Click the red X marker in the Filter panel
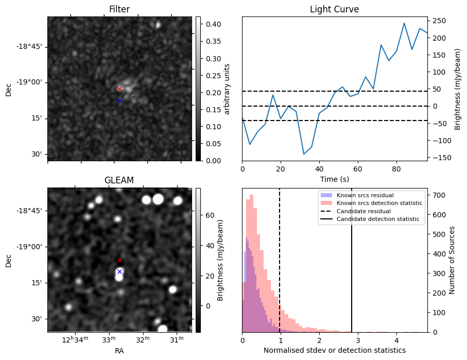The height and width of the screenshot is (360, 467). [x=119, y=89]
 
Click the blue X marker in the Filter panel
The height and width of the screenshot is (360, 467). [x=120, y=100]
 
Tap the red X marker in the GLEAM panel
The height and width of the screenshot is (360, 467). [x=119, y=260]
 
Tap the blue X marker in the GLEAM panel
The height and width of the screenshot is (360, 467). [x=119, y=271]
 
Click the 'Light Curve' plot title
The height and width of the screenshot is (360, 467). [x=334, y=9]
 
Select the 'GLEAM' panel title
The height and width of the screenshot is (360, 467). [x=119, y=180]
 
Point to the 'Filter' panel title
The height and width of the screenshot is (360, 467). [x=119, y=9]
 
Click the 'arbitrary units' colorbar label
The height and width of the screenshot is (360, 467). [x=227, y=89]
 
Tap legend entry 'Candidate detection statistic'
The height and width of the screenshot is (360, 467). [x=377, y=219]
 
